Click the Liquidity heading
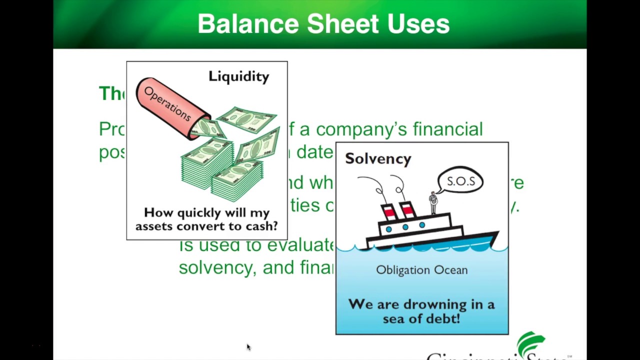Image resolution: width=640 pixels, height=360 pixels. pyautogui.click(x=238, y=76)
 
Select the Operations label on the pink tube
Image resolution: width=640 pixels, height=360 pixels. pyautogui.click(x=167, y=103)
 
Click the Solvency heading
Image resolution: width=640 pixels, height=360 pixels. pyautogui.click(x=378, y=158)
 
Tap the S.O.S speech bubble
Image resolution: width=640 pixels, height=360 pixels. pyautogui.click(x=460, y=181)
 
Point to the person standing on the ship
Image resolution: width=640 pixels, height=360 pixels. pyautogui.click(x=433, y=202)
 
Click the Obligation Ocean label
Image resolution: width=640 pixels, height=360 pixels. pyautogui.click(x=421, y=270)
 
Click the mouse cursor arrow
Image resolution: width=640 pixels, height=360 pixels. pyautogui.click(x=248, y=347)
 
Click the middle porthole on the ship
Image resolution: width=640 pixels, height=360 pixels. pyautogui.click(x=405, y=227)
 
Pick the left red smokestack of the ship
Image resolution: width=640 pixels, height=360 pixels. pyautogui.click(x=389, y=212)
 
